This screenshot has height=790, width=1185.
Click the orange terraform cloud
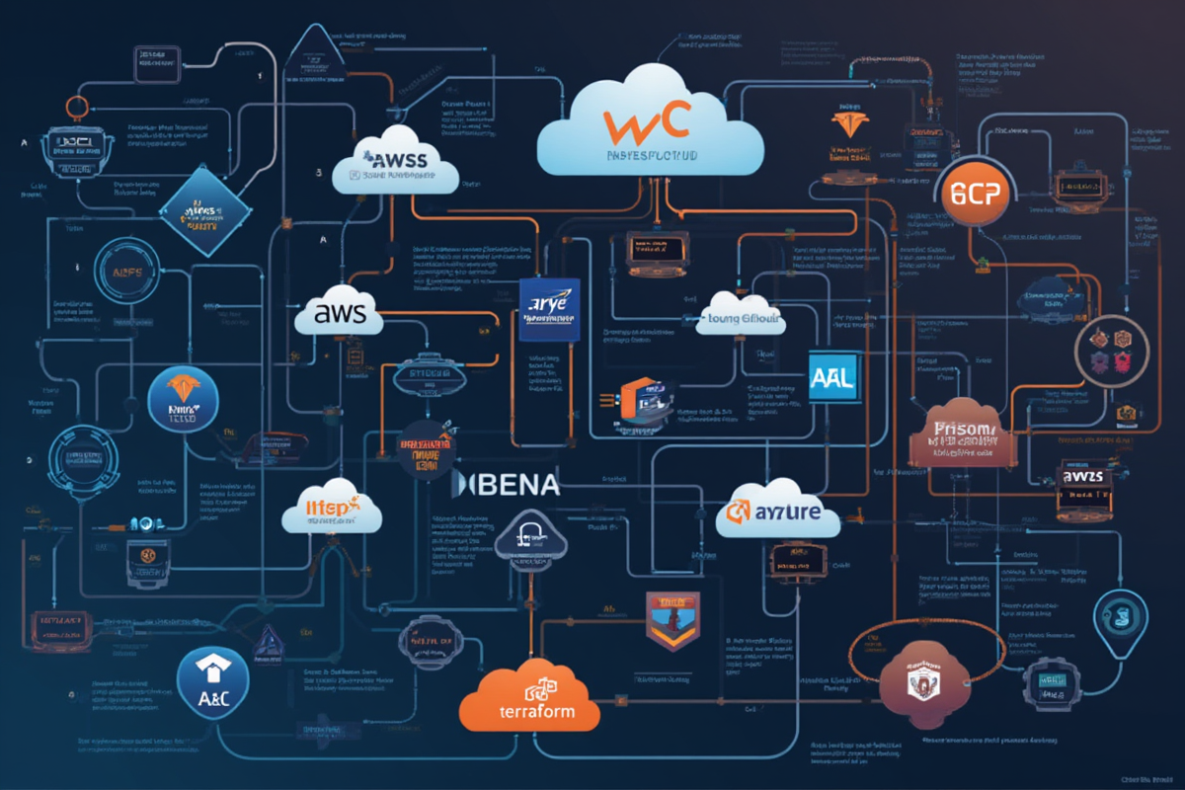click(x=530, y=699)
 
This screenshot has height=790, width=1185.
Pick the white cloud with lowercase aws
click(x=339, y=314)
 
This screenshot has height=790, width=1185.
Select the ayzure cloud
click(x=777, y=511)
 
